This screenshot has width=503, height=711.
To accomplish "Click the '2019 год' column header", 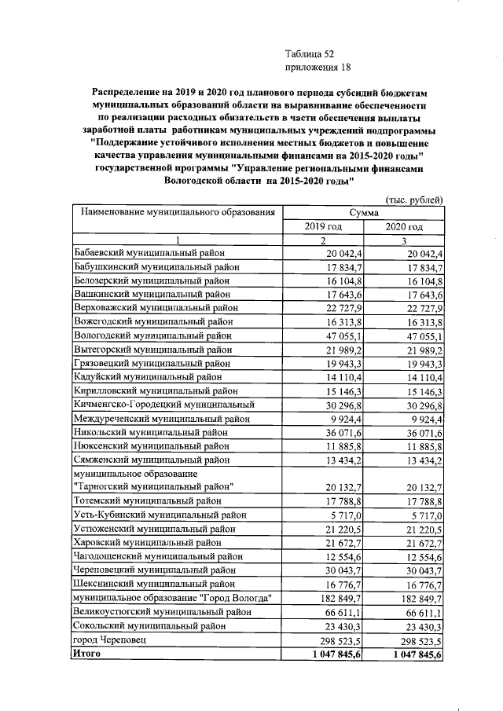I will (x=323, y=227).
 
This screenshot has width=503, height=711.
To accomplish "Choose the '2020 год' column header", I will (x=404, y=227).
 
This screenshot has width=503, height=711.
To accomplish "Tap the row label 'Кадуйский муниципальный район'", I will (x=147, y=378).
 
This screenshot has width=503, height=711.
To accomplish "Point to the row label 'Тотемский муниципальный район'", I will (x=147, y=501).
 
